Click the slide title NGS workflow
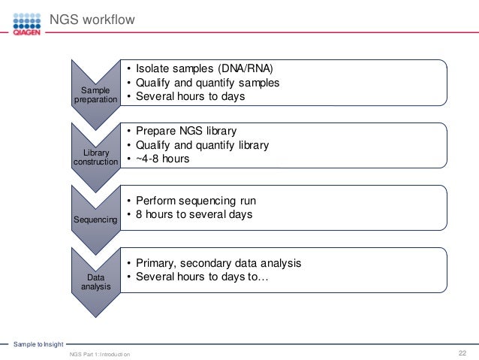(92, 20)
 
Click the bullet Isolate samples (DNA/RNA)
(204, 68)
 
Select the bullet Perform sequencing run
(196, 201)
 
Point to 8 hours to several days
(194, 214)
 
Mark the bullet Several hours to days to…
(202, 277)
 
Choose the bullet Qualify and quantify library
(202, 145)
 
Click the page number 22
(462, 352)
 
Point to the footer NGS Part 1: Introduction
(98, 353)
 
